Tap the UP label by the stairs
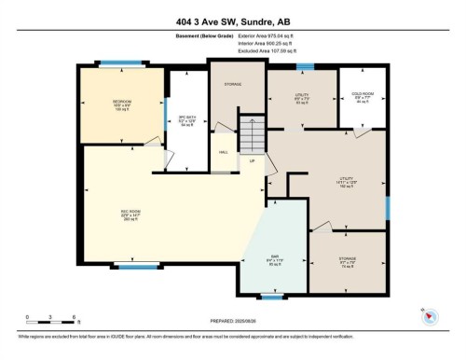pos(252,162)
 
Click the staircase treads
pos(250,132)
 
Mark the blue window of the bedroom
pos(116,64)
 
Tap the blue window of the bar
pos(272,296)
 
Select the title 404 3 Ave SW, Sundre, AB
pos(233,21)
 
